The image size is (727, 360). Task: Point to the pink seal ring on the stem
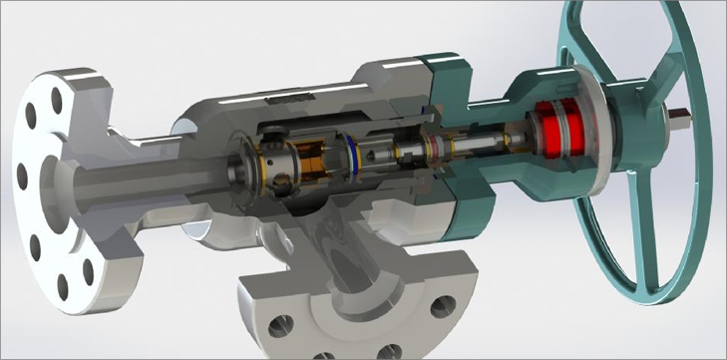click(x=435, y=151)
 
